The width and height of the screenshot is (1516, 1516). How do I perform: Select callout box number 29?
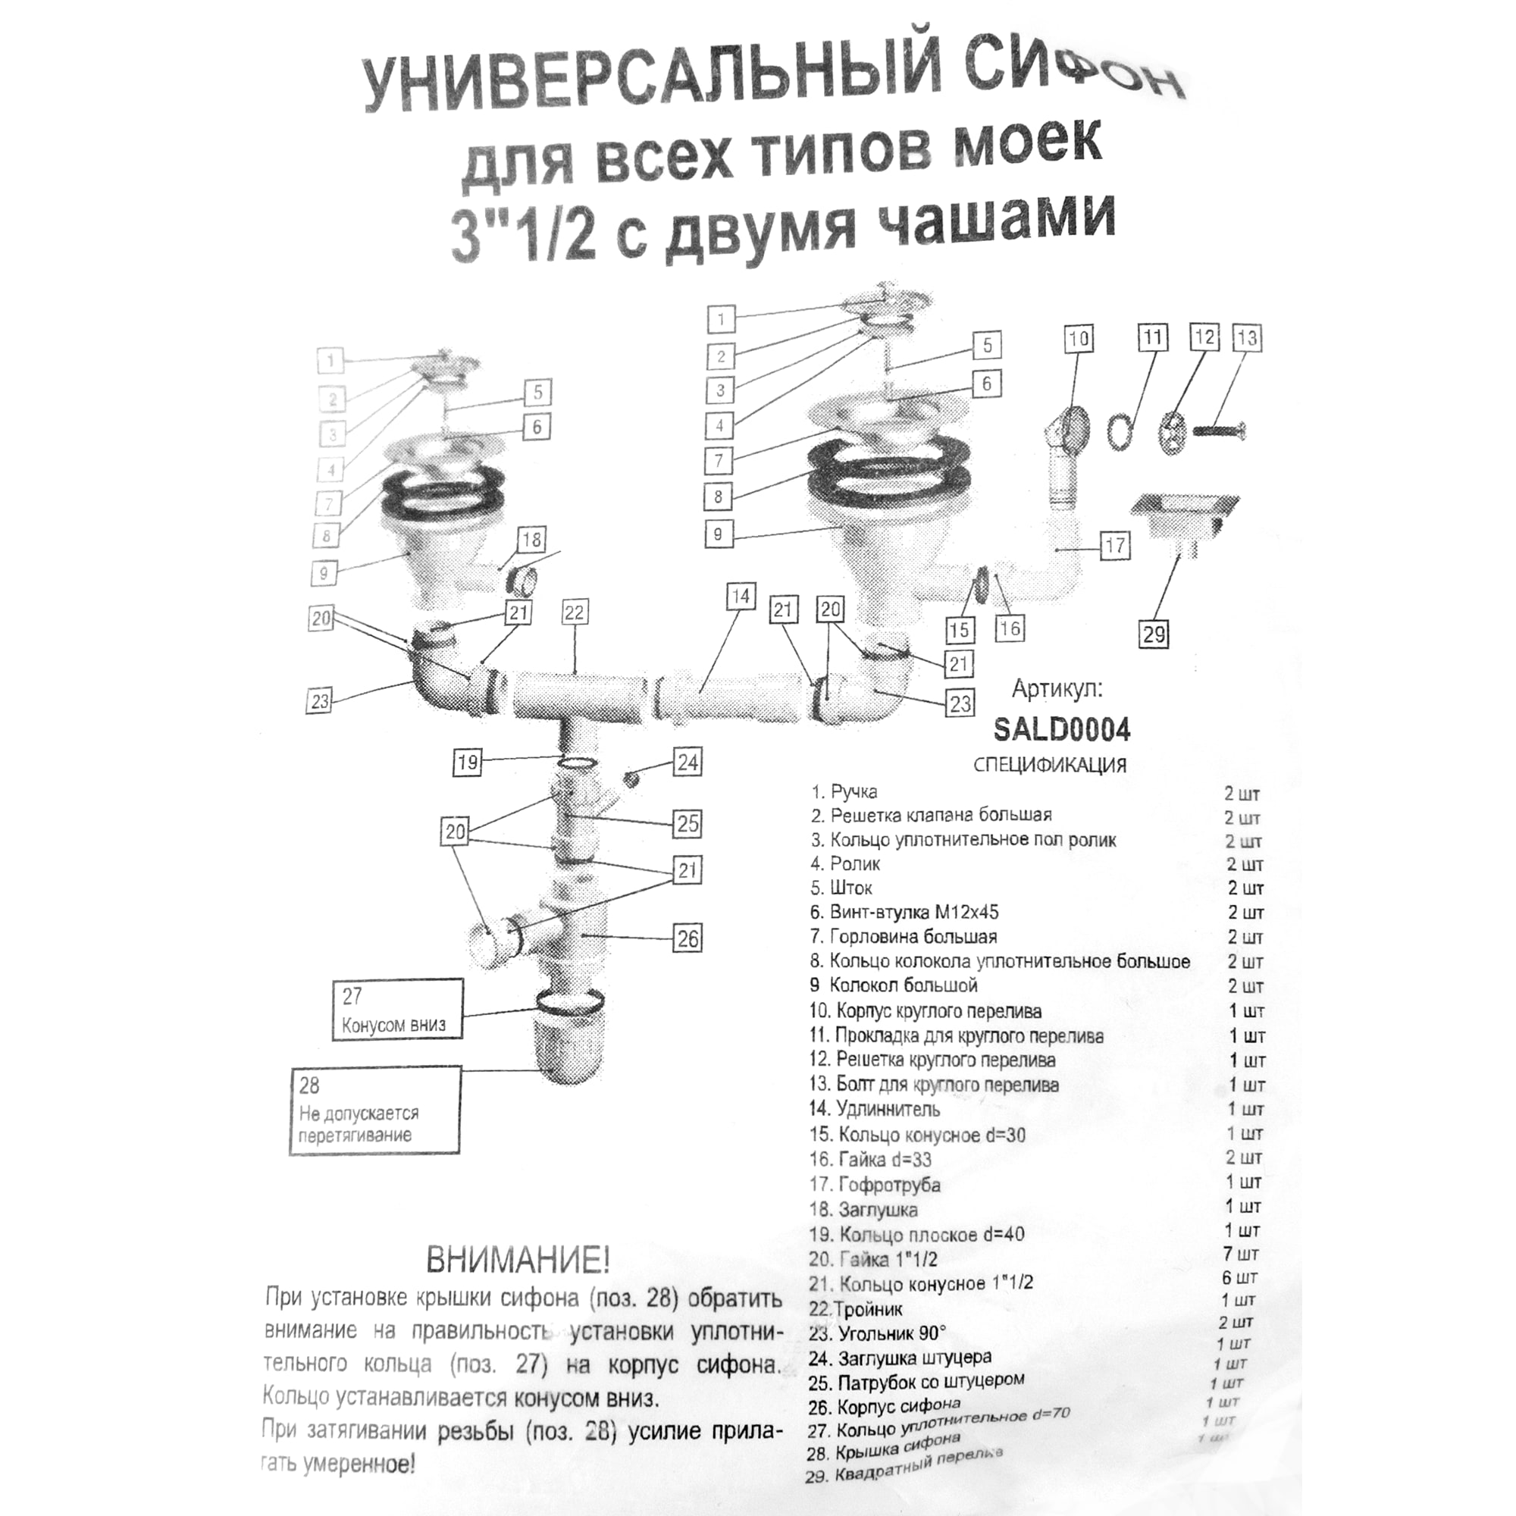tap(1154, 633)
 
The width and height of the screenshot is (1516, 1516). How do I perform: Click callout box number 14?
tap(741, 597)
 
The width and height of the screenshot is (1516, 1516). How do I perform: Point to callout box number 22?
tap(575, 612)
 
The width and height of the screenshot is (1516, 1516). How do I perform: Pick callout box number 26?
tap(688, 938)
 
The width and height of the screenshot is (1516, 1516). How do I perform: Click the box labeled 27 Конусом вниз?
tap(396, 1010)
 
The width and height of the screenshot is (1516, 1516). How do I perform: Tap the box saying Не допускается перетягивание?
tap(374, 1111)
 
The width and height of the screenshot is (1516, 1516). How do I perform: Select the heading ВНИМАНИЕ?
tap(517, 1261)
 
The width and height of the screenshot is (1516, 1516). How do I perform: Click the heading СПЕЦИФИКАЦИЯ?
tap(1049, 765)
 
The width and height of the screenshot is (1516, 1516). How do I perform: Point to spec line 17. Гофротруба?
tap(875, 1185)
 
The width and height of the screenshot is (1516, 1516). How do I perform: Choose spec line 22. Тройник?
tap(856, 1310)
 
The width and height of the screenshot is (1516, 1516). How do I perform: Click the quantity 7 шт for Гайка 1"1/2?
tap(1241, 1254)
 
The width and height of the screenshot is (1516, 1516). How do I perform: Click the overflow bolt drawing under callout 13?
tap(1219, 430)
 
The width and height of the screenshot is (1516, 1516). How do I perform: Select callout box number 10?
tap(1079, 339)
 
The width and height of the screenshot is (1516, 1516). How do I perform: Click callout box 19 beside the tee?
tap(468, 762)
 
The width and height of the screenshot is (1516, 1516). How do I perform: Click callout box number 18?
tap(531, 540)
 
